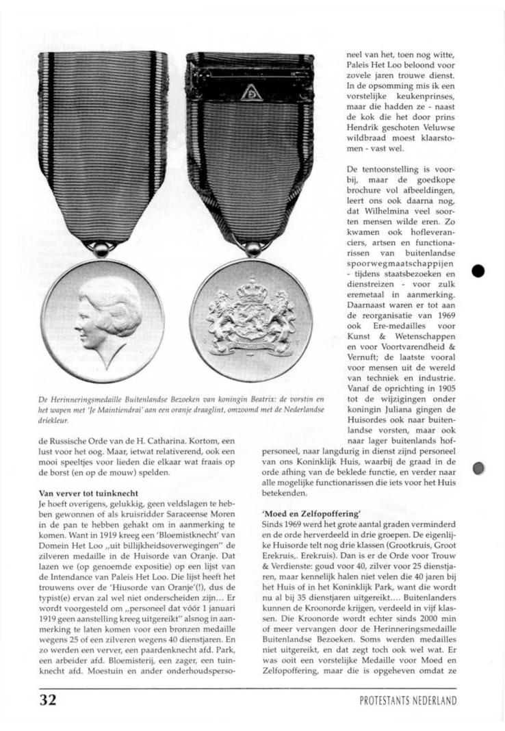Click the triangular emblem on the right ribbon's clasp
251,93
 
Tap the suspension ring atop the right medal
252,250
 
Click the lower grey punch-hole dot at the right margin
478,467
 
